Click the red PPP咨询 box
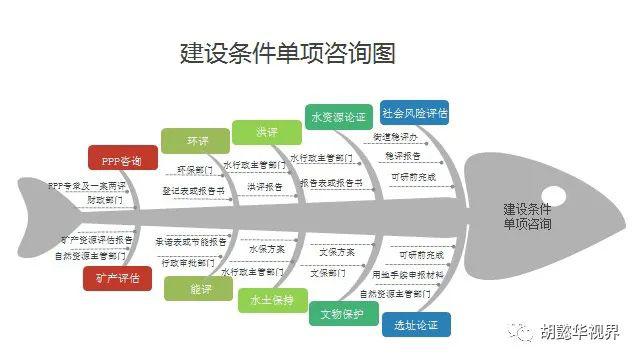(122, 160)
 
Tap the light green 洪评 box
(265, 132)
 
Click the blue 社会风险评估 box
(414, 111)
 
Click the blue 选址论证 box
(415, 325)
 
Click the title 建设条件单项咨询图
(287, 52)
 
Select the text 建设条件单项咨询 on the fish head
(527, 217)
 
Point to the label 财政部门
(105, 200)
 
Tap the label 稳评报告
(403, 157)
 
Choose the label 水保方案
(266, 249)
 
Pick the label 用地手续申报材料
(408, 274)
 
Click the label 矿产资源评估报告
(96, 240)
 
